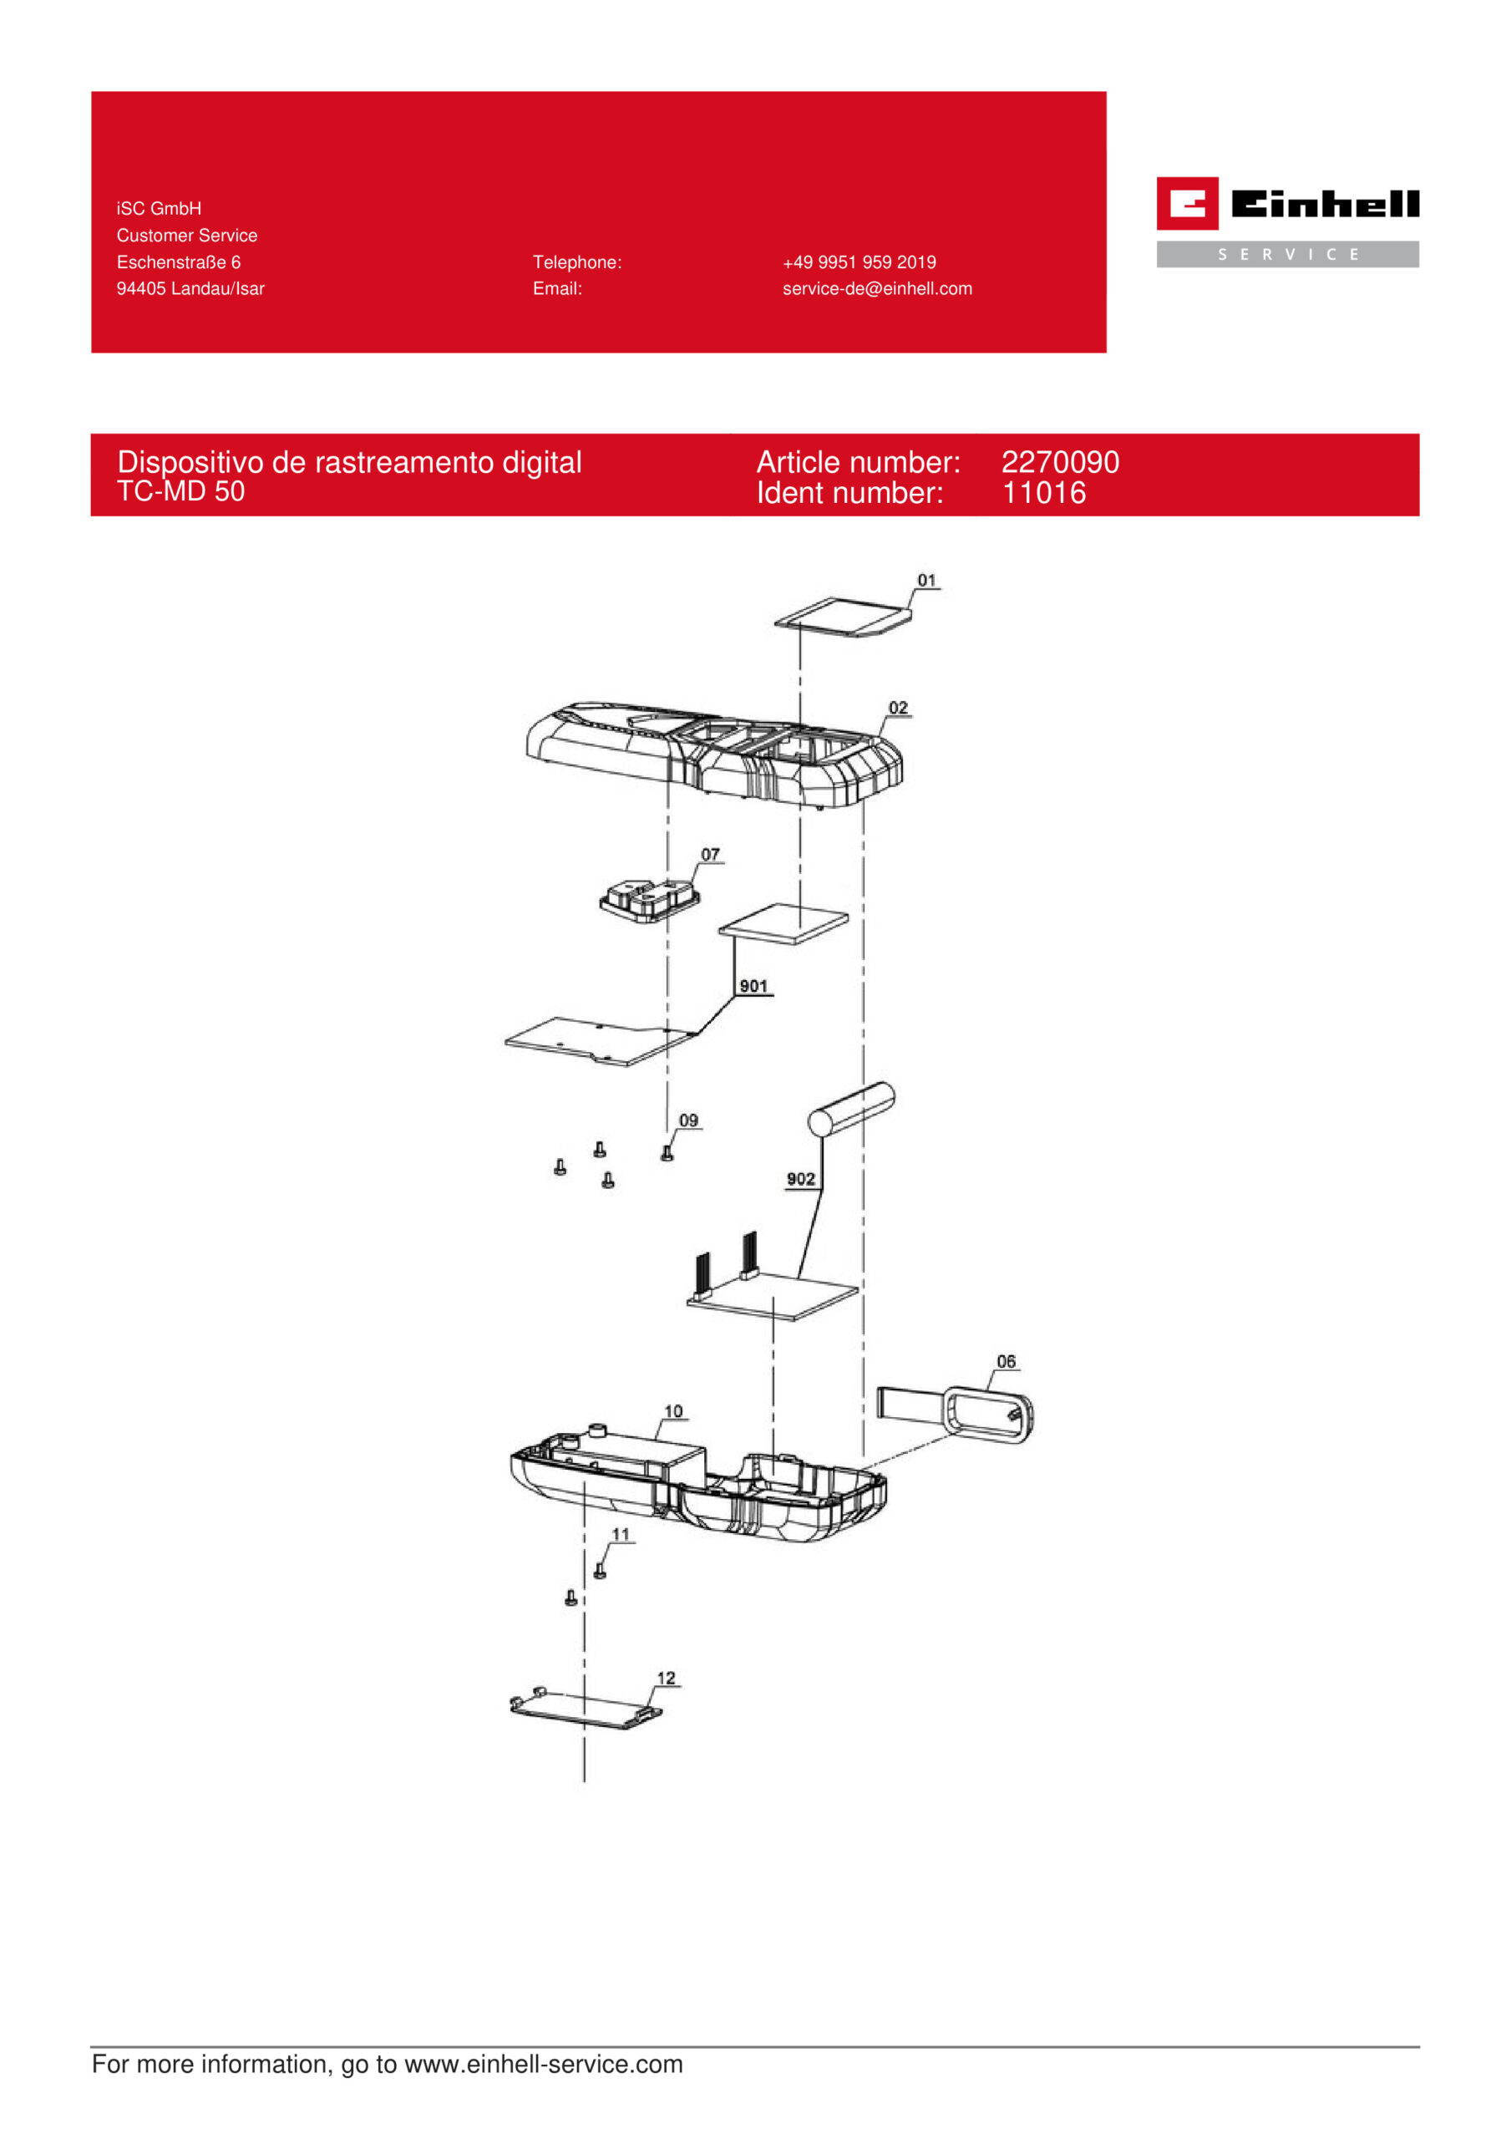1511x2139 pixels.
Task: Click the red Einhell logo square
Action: tap(1187, 203)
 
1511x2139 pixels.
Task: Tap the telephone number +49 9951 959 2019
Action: tap(859, 262)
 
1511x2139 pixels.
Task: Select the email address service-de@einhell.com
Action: tap(876, 289)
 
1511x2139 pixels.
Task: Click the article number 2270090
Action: tap(1060, 462)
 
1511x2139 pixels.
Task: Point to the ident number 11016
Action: tap(1043, 493)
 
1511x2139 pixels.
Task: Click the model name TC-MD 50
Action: tap(180, 491)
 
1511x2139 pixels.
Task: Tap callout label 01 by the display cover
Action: tap(926, 581)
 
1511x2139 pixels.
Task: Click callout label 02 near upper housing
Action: tap(898, 708)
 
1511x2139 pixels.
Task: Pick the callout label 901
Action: tap(753, 987)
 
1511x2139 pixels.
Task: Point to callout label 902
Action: tap(801, 1180)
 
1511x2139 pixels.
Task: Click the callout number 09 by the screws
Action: tap(688, 1120)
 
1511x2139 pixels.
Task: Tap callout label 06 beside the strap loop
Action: tap(1006, 1362)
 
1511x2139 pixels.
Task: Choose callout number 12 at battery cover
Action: tap(666, 1679)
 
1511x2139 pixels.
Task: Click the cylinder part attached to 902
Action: tap(851, 1109)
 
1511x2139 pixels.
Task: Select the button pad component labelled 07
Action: tap(649, 900)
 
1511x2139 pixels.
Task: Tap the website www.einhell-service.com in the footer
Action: tap(544, 2065)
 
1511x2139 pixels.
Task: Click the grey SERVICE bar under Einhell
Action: tap(1287, 254)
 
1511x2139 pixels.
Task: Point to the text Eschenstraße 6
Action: tap(179, 262)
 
